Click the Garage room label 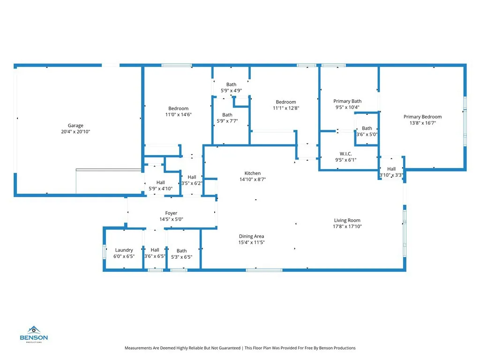coord(75,126)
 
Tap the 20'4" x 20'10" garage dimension coord(75,132)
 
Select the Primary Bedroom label coord(422,117)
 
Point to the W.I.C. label coord(346,154)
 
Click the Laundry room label coord(124,250)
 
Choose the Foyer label coord(171,213)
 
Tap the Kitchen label coord(252,173)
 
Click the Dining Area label coord(252,236)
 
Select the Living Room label coord(347,220)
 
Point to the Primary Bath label coord(347,101)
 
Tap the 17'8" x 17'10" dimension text coord(347,227)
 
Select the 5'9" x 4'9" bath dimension coord(231,90)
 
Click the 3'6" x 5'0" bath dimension coord(367,135)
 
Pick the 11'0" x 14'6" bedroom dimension coord(179,115)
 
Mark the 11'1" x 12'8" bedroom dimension coord(286,108)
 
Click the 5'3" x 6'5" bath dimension coord(181,257)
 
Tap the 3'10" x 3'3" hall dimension coord(391,175)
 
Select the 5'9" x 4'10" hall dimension coord(161,188)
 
